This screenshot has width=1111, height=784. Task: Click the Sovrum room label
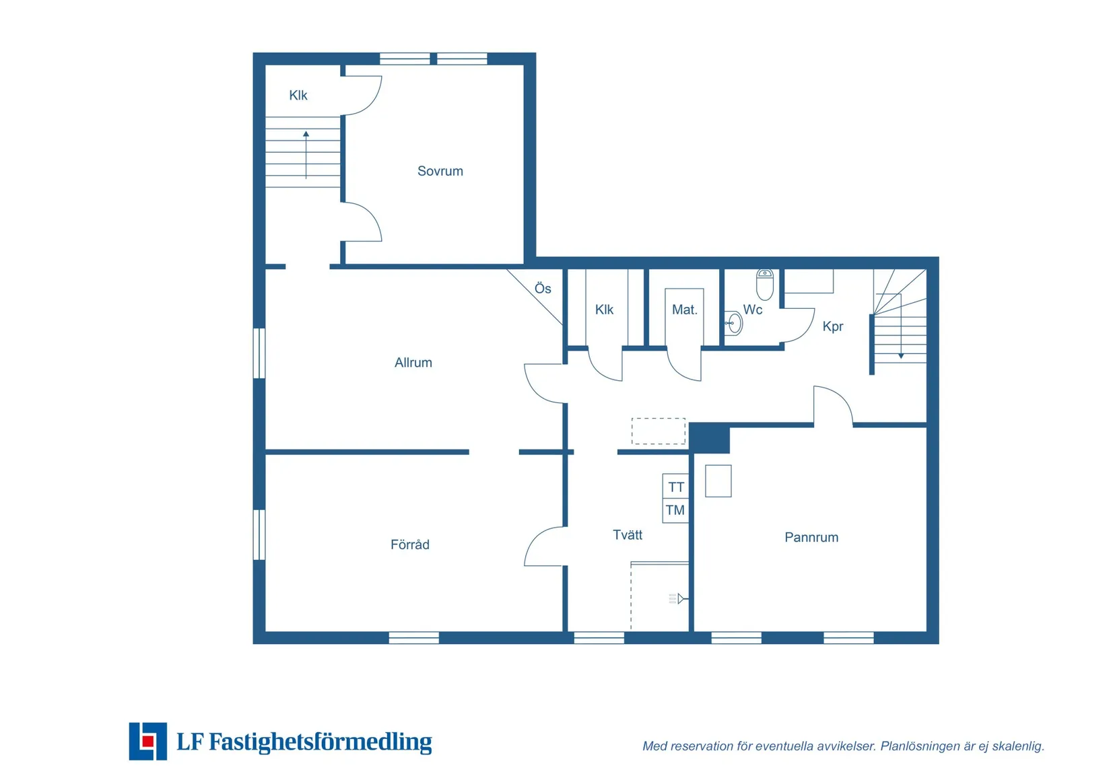[440, 171]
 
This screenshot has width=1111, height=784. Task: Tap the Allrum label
[413, 362]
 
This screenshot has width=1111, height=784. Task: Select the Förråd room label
[409, 544]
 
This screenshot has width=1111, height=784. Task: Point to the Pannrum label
[811, 537]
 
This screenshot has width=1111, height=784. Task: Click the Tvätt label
[628, 535]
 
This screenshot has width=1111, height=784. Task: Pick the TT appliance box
[675, 486]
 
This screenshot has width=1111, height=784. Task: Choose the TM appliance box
[675, 511]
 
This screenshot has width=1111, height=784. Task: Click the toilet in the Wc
[765, 285]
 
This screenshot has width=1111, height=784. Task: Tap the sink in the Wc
[733, 323]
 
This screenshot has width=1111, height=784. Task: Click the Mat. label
[685, 310]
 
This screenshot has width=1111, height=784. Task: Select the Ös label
[543, 289]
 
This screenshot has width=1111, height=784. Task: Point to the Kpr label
[833, 326]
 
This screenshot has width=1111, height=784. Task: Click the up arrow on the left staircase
[306, 155]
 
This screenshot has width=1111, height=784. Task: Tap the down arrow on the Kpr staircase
[901, 326]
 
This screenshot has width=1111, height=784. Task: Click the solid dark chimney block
[709, 438]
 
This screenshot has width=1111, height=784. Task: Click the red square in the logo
[147, 741]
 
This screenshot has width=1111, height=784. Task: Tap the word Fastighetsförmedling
[321, 742]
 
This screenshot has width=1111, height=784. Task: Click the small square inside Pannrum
[718, 480]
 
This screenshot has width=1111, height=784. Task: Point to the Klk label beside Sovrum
[298, 95]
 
